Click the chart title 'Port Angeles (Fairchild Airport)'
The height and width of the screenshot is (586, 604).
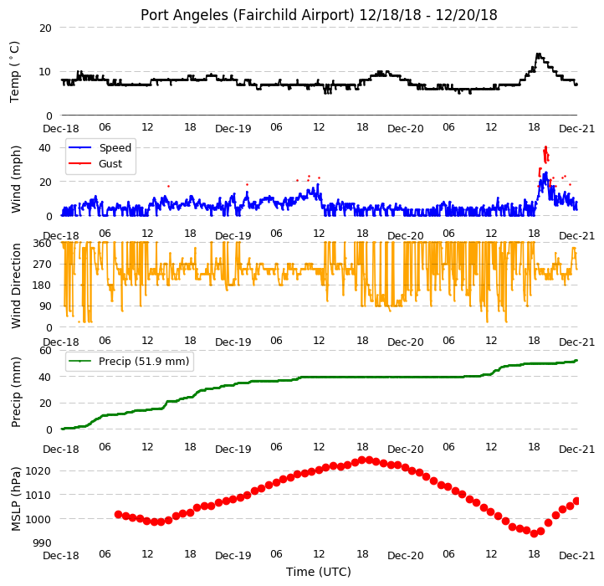248,15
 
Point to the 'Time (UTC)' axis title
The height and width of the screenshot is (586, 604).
319,572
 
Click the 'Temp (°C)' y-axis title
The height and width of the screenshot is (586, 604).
14,72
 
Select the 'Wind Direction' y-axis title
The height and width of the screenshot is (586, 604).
16,285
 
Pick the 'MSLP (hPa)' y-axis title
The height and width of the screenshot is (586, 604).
16,499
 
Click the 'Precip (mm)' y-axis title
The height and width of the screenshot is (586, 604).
16,392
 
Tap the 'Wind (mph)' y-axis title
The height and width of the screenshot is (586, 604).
16,179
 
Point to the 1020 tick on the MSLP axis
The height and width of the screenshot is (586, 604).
38,471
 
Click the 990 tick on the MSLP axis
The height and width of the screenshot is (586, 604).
42,543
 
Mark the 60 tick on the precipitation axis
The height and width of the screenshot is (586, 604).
45,351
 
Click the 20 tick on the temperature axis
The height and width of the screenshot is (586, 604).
45,28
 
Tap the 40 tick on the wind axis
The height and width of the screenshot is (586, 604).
45,148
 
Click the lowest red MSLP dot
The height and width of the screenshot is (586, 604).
534,533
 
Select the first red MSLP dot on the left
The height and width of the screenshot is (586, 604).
118,514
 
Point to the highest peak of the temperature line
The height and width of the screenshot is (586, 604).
538,54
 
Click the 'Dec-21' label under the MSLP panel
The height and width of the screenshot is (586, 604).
576,556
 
